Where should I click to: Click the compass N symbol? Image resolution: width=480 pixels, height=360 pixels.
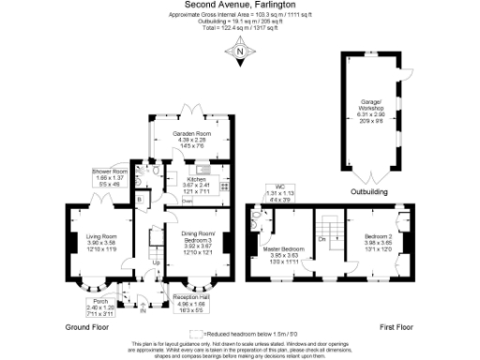coord(240,54)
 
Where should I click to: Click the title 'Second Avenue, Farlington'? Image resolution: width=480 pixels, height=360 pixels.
coord(240,7)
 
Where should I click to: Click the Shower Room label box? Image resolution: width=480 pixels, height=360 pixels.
coord(110,177)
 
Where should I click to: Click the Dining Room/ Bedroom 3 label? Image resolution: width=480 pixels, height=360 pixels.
coord(198,240)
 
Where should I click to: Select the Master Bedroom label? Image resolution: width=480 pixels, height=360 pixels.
coord(283,249)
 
